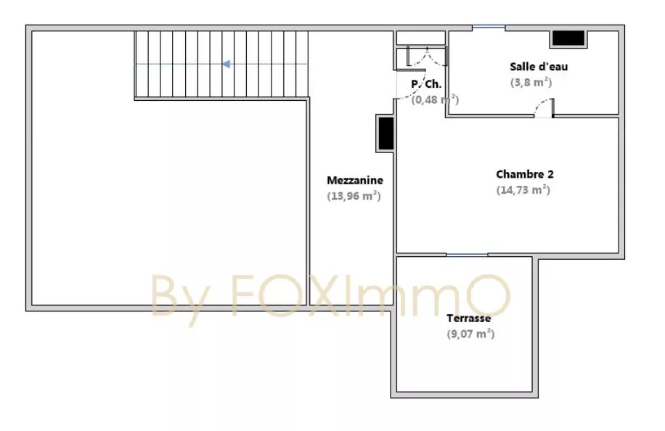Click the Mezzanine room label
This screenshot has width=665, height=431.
[355, 180]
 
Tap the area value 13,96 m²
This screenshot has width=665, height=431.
[354, 196]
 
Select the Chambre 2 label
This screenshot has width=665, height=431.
[525, 174]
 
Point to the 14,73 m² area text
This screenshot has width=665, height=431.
[523, 190]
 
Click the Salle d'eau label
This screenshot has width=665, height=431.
[539, 67]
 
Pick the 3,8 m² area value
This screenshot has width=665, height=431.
[531, 82]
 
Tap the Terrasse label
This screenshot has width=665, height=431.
[469, 319]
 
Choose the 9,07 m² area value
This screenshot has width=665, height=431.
[470, 334]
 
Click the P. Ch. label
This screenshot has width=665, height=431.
[426, 84]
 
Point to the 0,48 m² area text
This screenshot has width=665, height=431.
[435, 99]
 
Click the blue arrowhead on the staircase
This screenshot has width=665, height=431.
[227, 64]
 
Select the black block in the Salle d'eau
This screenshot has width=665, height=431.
[568, 38]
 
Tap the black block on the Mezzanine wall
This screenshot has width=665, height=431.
[386, 133]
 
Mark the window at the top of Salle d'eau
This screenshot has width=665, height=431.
[489, 27]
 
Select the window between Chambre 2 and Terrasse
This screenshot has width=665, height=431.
[467, 255]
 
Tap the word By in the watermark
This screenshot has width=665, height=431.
[180, 299]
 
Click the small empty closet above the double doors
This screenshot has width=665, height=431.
[421, 38]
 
